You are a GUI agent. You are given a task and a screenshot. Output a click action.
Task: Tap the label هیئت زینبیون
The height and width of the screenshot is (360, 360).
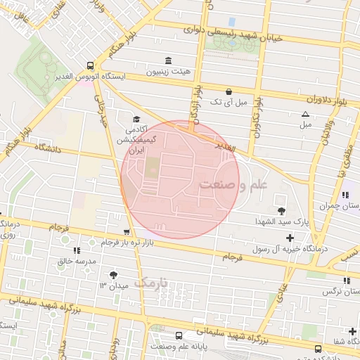click(167, 72)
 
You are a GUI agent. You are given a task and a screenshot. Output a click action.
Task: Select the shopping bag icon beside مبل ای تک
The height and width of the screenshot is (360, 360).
click(229, 91)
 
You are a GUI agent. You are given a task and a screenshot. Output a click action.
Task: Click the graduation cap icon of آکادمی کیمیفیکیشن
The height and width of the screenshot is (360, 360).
click(136, 120)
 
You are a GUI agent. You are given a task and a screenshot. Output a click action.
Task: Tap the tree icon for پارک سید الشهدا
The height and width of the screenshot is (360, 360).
click(282, 211)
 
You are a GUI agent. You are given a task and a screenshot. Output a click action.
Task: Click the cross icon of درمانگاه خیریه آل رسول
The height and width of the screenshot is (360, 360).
click(290, 238)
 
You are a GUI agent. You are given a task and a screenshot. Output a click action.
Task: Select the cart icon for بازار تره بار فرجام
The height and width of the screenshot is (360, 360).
click(126, 232)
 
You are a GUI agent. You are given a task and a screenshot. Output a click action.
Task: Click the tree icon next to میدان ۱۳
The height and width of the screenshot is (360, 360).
click(113, 274)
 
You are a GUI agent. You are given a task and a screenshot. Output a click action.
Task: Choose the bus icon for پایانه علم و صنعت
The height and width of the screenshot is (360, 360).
click(179, 335)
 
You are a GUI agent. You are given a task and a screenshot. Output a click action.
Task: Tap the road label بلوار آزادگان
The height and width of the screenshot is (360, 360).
click(194, 103)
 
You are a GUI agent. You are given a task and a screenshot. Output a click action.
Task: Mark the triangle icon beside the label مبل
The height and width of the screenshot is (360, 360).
click(305, 114)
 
